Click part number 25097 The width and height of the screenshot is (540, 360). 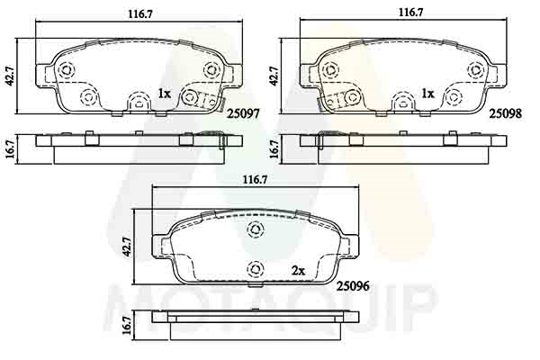click(x=243, y=113)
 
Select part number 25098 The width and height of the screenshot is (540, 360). click(x=506, y=113)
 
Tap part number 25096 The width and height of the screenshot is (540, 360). click(x=353, y=285)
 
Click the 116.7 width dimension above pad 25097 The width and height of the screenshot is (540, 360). click(x=140, y=14)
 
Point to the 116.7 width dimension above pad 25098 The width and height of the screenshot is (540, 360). click(x=411, y=13)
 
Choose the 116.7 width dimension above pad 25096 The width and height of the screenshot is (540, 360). click(x=256, y=180)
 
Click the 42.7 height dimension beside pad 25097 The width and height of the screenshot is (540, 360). click(x=10, y=76)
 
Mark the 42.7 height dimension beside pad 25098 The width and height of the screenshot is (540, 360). click(x=274, y=76)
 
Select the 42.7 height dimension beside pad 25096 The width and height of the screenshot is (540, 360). click(x=127, y=247)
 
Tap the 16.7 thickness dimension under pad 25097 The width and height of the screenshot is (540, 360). click(x=10, y=148)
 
